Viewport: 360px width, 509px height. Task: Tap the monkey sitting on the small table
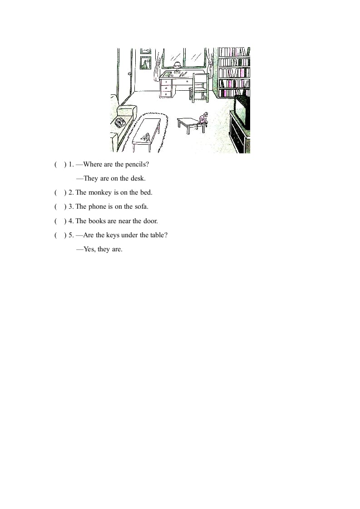click(x=204, y=119)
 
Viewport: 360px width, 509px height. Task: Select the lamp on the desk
click(x=177, y=65)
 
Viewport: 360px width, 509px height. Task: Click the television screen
click(x=242, y=111)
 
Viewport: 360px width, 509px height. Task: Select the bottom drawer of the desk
click(x=166, y=94)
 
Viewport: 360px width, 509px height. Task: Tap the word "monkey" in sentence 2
click(x=99, y=192)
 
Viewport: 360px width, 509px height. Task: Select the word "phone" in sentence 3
click(x=97, y=206)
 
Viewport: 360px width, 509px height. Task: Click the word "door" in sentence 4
click(x=149, y=221)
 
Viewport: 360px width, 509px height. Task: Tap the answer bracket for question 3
click(x=60, y=206)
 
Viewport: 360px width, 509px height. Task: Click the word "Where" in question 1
click(x=93, y=164)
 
